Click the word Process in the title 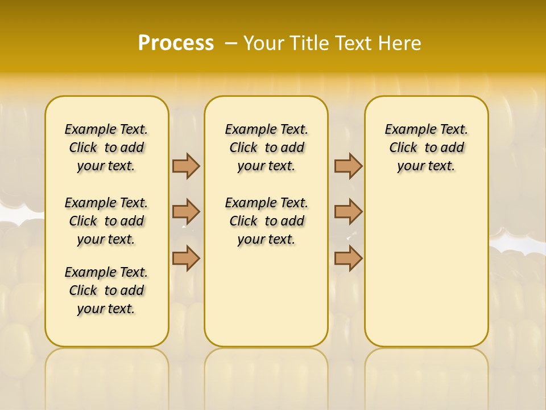tap(176, 43)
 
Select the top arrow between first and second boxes tap(186, 166)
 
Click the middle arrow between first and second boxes tap(186, 212)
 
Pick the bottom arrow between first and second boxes tap(186, 258)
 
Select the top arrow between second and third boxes tap(348, 166)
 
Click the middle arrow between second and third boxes tap(348, 212)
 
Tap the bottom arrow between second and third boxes tap(348, 258)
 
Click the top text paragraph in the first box tap(106, 147)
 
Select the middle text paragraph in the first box tap(106, 221)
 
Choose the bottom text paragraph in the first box tap(106, 290)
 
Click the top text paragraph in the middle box tap(266, 147)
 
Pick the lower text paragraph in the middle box tap(266, 221)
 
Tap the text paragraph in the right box tap(426, 147)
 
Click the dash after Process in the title tap(231, 43)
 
